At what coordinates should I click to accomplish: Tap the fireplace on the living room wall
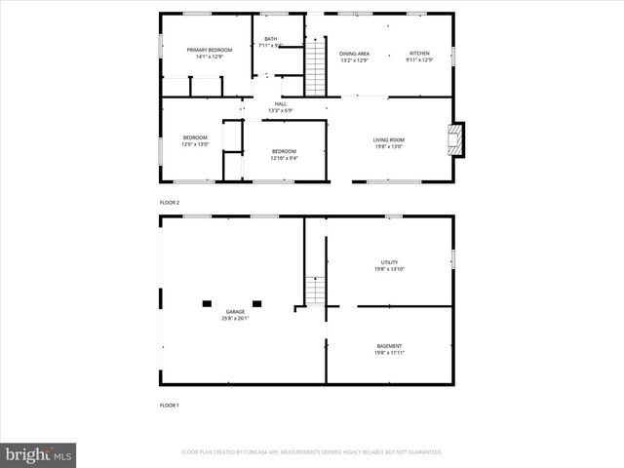[456, 139]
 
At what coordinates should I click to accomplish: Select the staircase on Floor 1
[315, 291]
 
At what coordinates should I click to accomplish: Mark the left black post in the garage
[207, 303]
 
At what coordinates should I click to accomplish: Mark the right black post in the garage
[256, 303]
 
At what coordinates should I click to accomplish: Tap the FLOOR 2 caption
[170, 202]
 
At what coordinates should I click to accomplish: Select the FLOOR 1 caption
[170, 404]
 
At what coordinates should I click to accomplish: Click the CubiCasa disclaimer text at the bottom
[312, 452]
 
